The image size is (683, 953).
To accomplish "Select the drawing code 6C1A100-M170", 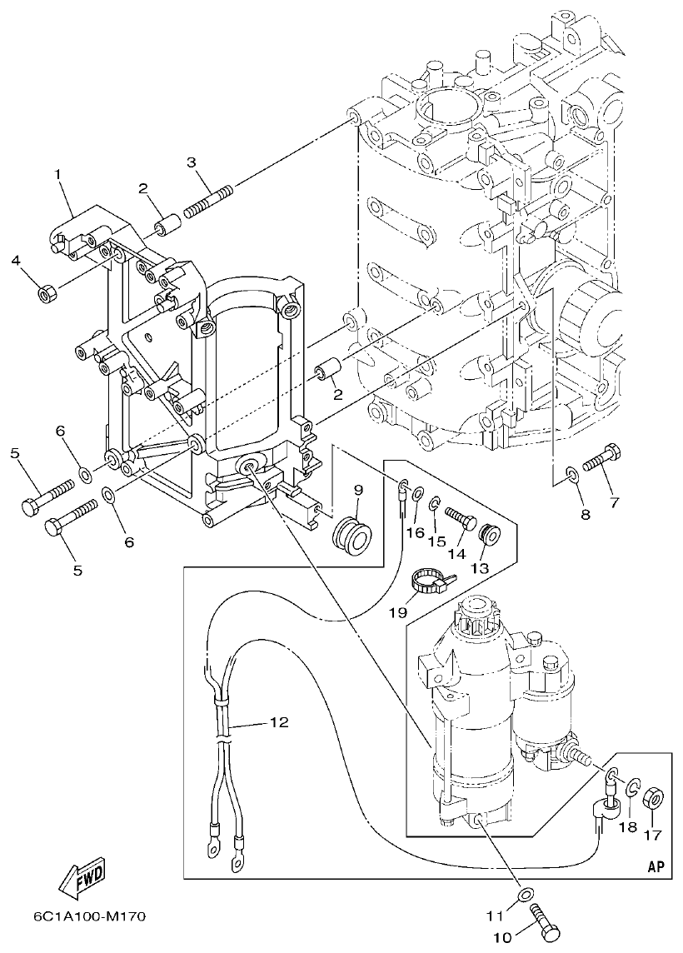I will [x=90, y=916].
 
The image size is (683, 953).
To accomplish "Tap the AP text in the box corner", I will [x=656, y=866].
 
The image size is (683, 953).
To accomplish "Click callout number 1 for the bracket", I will [x=58, y=175].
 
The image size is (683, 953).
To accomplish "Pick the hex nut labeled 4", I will [x=47, y=292].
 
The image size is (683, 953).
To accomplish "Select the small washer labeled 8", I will [x=571, y=476].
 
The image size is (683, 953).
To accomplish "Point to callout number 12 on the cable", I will [x=278, y=723].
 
